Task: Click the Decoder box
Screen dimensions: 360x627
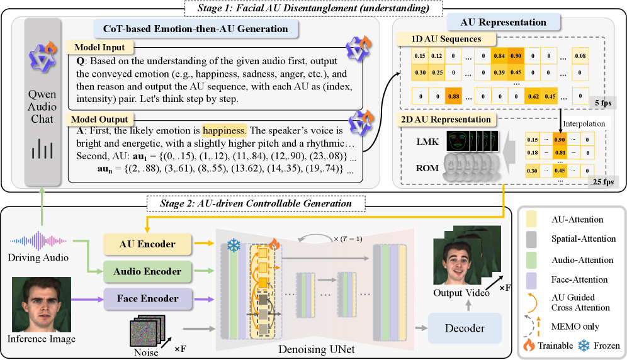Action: [465, 328]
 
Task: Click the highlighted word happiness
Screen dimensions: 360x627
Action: [223, 132]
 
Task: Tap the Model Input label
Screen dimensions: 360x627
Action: [99, 47]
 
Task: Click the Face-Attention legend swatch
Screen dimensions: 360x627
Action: [532, 279]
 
